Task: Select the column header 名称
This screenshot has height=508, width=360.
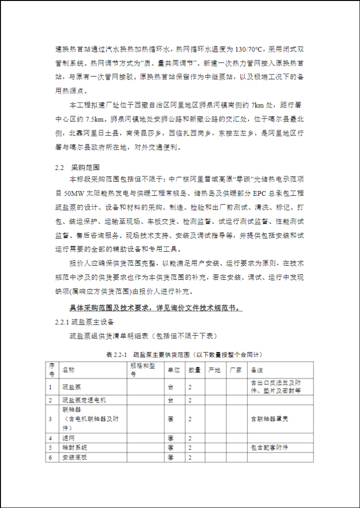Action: click(69, 370)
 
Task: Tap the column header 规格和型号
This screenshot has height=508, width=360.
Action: click(140, 370)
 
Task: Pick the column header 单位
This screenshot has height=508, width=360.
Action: click(174, 370)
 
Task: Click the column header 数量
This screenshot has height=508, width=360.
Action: click(195, 370)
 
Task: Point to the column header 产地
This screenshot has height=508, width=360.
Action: click(215, 370)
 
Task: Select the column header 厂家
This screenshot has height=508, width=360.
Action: click(236, 370)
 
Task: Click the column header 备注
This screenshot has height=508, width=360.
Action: click(257, 370)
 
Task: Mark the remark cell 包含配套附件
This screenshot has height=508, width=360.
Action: click(270, 447)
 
